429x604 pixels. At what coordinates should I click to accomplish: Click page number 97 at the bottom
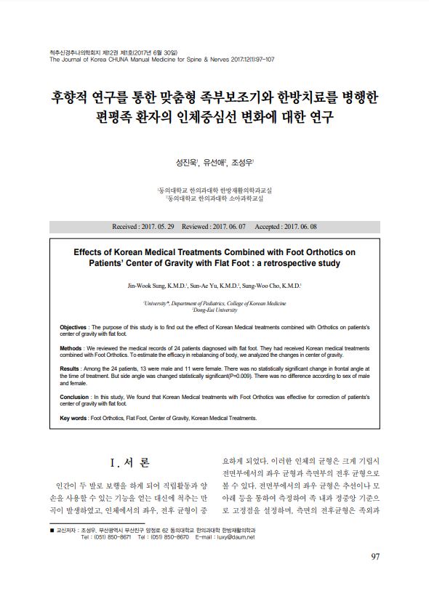375,557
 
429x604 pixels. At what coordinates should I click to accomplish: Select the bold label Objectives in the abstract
73,328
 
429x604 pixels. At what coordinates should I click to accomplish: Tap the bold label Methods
71,348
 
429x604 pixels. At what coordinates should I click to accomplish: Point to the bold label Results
70,369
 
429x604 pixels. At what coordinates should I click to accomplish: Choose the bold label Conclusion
74,398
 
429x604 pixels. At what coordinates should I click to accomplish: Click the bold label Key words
73,419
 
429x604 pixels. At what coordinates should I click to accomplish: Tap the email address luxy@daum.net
238,537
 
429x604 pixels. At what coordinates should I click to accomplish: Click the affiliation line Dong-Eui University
214,310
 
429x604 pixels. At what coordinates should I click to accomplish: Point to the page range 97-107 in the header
260,60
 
